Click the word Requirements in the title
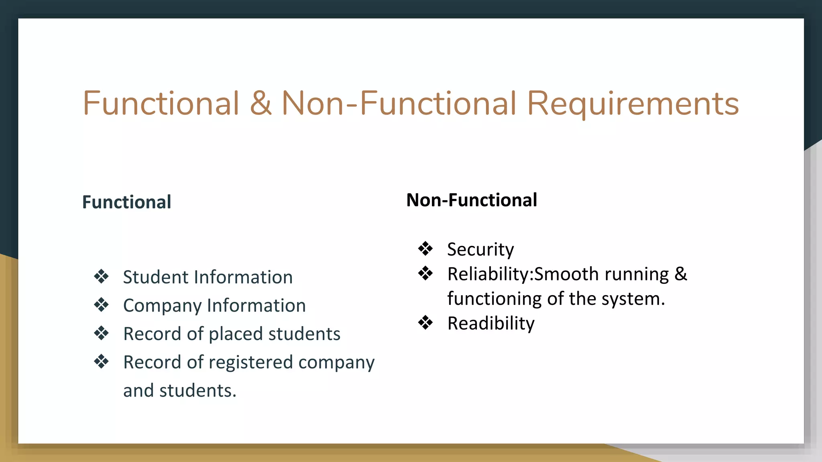pos(633,103)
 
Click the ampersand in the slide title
pos(260,103)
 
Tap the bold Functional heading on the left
pos(126,202)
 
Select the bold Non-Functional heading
pos(472,200)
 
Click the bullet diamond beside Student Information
pos(101,276)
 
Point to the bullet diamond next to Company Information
pos(101,305)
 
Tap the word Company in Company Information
pos(162,306)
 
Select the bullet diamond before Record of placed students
pos(101,333)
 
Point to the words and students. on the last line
pos(180,391)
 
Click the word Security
pos(480,250)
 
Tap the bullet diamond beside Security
pos(425,249)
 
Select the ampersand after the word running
pos(681,274)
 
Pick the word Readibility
pos(491,324)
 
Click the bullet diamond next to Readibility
pos(425,322)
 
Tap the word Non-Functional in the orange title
pos(399,103)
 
